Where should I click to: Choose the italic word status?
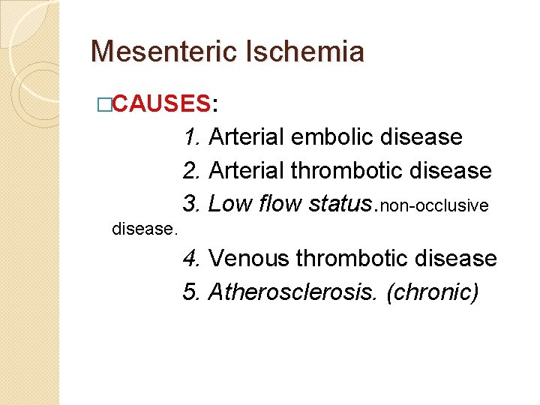[340, 203]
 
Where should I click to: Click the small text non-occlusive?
[435, 205]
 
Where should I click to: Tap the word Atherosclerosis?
[292, 292]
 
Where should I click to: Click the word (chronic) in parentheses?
[432, 292]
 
